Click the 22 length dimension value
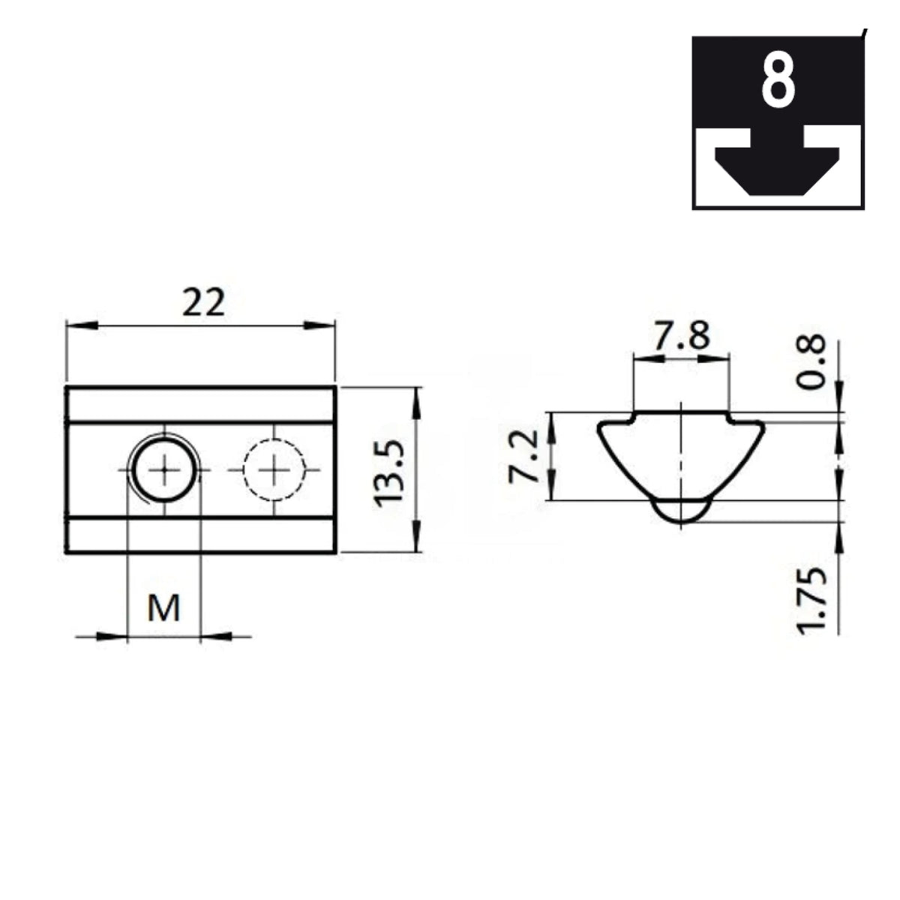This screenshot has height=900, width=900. coord(204,302)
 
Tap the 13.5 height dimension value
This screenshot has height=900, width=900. coord(388,473)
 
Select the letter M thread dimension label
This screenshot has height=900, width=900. coord(163,608)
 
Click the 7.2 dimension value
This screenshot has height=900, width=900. coord(524,457)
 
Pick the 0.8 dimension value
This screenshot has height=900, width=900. coord(811,362)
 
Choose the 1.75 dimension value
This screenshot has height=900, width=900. coord(811,601)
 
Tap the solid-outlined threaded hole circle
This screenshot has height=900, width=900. coord(164,469)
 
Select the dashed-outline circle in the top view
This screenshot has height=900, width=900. coord(274,469)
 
